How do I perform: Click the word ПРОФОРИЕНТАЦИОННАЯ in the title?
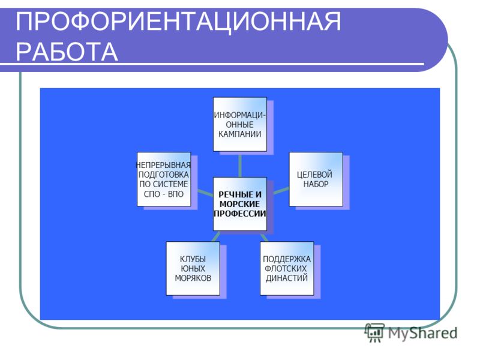pos(178,22)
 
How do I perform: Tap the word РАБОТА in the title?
pos(67,52)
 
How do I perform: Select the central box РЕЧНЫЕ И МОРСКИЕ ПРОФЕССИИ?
pos(239,204)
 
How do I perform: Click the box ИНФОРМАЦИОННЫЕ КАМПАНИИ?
pos(239,124)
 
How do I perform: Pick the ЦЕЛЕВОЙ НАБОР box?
pos(316,179)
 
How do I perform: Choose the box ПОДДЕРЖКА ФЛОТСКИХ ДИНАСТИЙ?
pos(287,268)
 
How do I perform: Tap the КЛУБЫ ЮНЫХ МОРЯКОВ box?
pos(193,268)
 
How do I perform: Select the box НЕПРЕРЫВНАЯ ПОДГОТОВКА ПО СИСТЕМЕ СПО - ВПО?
pos(164,179)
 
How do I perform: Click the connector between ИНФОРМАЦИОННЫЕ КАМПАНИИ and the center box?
pos(239,164)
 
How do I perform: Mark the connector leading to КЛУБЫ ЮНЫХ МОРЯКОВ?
pos(216,236)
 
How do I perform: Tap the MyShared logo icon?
pos(374,332)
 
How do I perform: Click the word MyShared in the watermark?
pos(423,333)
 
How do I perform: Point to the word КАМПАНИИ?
pos(239,134)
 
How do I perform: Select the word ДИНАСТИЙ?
pos(287,278)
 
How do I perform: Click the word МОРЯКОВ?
pos(193,278)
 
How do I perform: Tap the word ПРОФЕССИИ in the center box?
pos(239,214)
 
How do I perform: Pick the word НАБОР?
pos(316,184)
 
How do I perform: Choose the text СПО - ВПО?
pos(164,194)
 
